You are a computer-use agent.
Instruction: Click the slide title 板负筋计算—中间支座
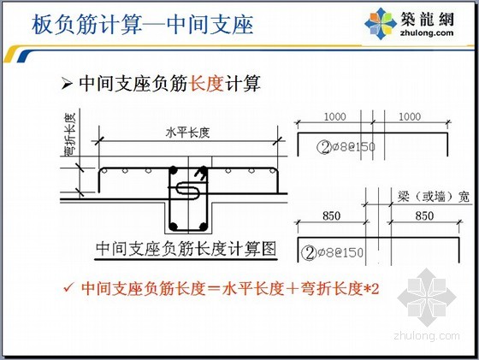click(142, 25)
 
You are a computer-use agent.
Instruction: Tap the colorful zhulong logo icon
click(381, 24)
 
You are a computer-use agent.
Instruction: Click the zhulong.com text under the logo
click(427, 32)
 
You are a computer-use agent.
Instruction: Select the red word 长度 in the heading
click(206, 83)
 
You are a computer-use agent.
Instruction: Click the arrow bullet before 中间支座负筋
click(67, 83)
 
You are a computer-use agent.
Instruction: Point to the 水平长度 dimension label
click(187, 133)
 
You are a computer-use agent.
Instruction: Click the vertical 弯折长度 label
click(70, 134)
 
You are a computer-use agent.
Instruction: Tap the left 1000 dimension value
click(334, 116)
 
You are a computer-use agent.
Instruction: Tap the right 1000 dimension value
click(410, 116)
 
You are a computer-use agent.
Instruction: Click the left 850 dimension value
click(332, 215)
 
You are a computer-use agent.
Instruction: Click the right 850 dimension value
click(424, 215)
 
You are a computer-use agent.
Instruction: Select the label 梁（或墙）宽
click(433, 197)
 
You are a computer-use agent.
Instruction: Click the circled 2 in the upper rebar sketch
click(324, 147)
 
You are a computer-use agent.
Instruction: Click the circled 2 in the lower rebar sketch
click(309, 253)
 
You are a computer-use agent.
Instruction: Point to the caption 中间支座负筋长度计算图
click(186, 249)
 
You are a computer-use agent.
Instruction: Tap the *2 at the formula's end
click(372, 288)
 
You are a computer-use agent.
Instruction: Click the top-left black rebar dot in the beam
click(173, 170)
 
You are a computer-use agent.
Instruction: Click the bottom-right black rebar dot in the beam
click(203, 227)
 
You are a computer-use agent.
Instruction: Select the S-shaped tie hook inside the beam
click(187, 190)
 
